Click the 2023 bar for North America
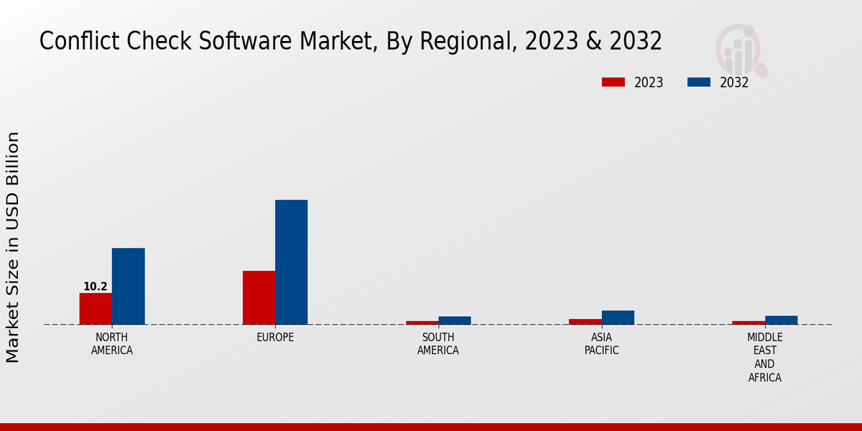point(96,309)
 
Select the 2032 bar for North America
point(128,286)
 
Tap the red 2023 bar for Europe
point(259,297)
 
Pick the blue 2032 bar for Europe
point(291,262)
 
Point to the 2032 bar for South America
point(455,320)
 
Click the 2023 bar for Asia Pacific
point(585,322)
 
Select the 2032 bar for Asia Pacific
point(618,318)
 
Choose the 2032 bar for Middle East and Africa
point(781,320)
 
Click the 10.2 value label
point(96,287)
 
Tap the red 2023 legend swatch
point(613,83)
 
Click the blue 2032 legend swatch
point(698,83)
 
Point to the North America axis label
point(112,344)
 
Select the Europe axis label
point(275,338)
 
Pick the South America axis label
point(438,344)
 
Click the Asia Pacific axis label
point(601,344)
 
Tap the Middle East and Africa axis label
point(764,357)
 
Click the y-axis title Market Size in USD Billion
point(13,246)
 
